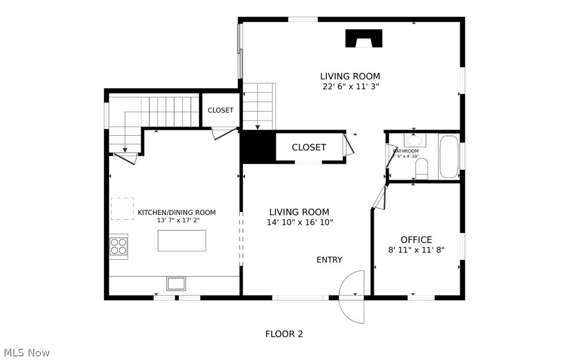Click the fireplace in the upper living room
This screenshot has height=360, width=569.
(364, 38)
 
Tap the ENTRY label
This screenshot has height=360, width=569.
(329, 260)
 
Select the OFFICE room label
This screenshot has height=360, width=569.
(416, 239)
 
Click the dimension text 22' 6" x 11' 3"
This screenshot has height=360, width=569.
(350, 87)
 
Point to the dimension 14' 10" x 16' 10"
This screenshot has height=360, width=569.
(299, 222)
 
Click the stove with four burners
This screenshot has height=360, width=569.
(119, 247)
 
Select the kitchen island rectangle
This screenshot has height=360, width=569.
(182, 241)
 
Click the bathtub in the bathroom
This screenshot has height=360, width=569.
(449, 156)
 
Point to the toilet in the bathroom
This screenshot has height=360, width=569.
(422, 169)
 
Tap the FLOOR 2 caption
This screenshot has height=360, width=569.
(284, 334)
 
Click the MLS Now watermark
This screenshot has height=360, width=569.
(27, 352)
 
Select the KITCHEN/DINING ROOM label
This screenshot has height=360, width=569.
(177, 212)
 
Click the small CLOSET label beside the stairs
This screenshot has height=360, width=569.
(221, 110)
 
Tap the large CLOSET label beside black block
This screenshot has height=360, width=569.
(309, 147)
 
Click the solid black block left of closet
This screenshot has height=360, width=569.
(258, 147)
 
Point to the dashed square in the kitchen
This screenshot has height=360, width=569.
(122, 208)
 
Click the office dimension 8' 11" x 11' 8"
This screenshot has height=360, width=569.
(416, 250)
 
